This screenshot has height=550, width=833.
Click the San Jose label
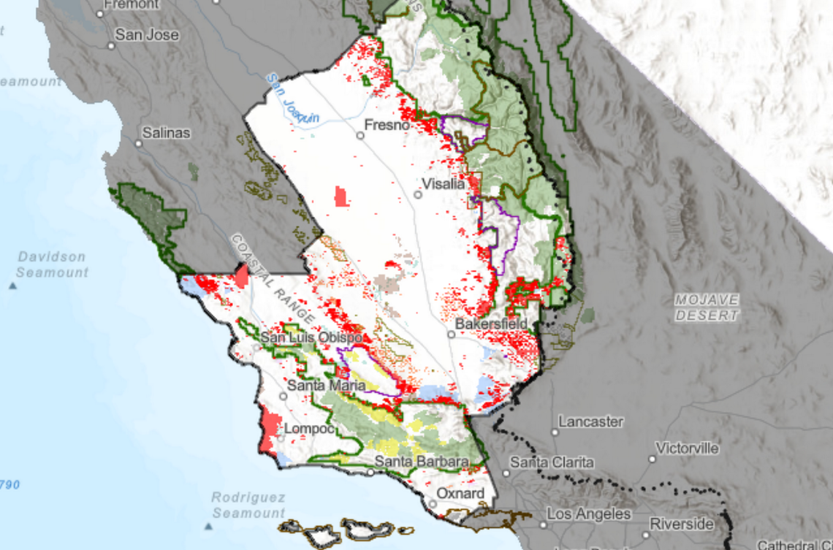pos(147,34)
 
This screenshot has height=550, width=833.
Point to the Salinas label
pos(166,133)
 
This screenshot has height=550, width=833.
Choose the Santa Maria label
pos(326,384)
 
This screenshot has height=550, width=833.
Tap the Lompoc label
pos(309,429)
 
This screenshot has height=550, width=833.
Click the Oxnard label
pos(460,494)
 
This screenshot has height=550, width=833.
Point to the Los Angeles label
pos(590,514)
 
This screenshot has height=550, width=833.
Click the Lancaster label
pos(590,421)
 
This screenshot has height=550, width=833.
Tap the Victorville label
pos(687,448)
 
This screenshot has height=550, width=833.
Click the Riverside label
pos(681,524)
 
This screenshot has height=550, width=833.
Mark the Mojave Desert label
pos(707,308)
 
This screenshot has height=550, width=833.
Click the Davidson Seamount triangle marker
pos(13,285)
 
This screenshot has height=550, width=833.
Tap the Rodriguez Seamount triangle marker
pos(207,525)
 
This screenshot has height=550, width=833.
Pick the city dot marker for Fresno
pos(360,135)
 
